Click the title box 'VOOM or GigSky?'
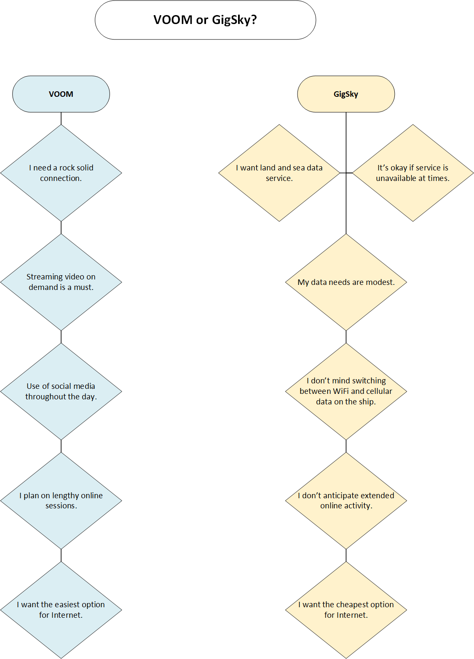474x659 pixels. [205, 20]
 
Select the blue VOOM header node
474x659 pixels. [61, 94]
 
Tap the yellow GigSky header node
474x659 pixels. [346, 94]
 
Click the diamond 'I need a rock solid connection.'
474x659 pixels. [61, 173]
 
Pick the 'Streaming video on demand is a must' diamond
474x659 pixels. [61, 282]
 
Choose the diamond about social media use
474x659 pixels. [61, 391]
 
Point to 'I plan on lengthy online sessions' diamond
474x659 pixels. [61, 501]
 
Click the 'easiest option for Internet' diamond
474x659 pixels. [61, 610]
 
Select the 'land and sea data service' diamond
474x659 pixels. [279, 173]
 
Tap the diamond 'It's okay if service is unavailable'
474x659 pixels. [413, 173]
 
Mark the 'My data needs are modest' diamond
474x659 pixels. [346, 282]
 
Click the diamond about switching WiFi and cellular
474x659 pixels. [346, 391]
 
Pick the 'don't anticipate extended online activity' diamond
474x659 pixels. [346, 501]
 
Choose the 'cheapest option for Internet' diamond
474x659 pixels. [346, 610]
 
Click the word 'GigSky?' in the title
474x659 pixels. [234, 21]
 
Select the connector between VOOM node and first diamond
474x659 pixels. [61, 118]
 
